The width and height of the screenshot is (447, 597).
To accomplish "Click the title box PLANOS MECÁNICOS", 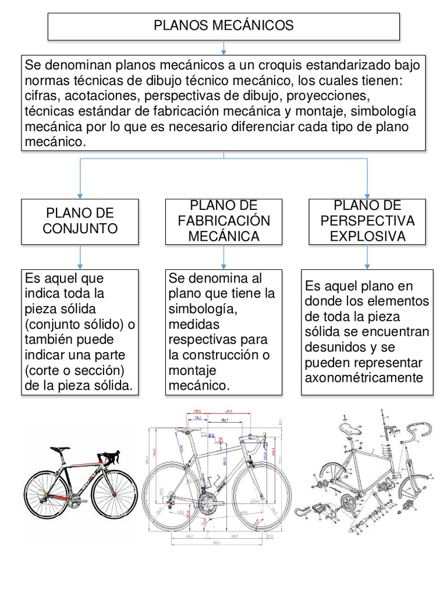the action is [x=223, y=26].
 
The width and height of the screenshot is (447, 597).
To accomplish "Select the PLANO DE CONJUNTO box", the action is [x=80, y=221].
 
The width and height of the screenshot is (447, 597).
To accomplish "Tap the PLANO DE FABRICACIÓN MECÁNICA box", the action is [x=223, y=221].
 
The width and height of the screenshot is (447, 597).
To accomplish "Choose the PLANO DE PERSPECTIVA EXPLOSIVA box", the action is [x=367, y=221].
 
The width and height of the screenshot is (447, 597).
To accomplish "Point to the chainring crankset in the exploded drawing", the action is [x=349, y=502].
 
